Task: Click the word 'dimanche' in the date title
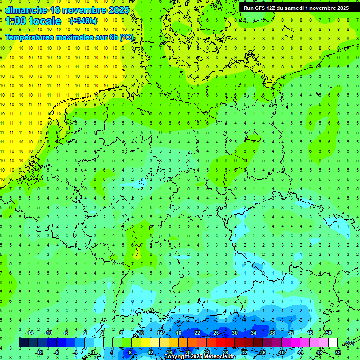(26, 9)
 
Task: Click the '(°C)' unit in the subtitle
(126, 37)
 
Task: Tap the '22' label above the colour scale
(197, 333)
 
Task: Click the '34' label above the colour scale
(254, 333)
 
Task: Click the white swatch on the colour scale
(333, 343)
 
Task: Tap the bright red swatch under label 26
(221, 343)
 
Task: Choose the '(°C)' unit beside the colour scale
(349, 343)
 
